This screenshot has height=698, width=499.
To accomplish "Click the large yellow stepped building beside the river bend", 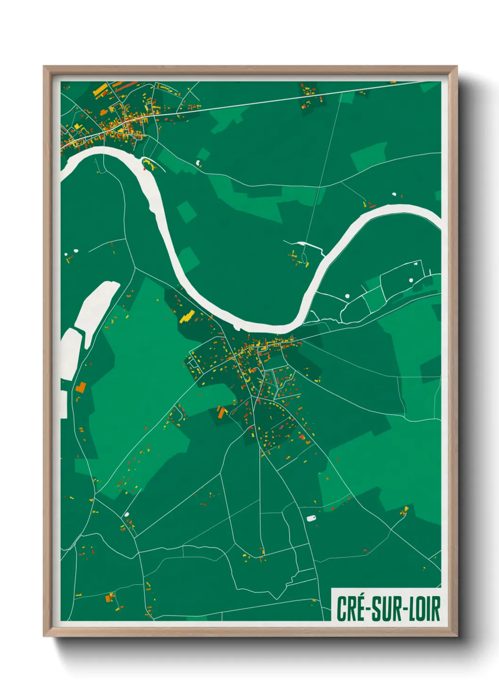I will [x=187, y=316].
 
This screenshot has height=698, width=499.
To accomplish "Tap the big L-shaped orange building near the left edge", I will [x=81, y=388].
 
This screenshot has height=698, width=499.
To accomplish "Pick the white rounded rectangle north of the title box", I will [x=311, y=518].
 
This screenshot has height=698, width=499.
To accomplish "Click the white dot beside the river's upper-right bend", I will [x=394, y=194].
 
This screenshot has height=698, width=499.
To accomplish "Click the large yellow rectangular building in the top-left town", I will [x=100, y=89].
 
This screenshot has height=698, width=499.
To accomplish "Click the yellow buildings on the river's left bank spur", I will [x=149, y=164].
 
